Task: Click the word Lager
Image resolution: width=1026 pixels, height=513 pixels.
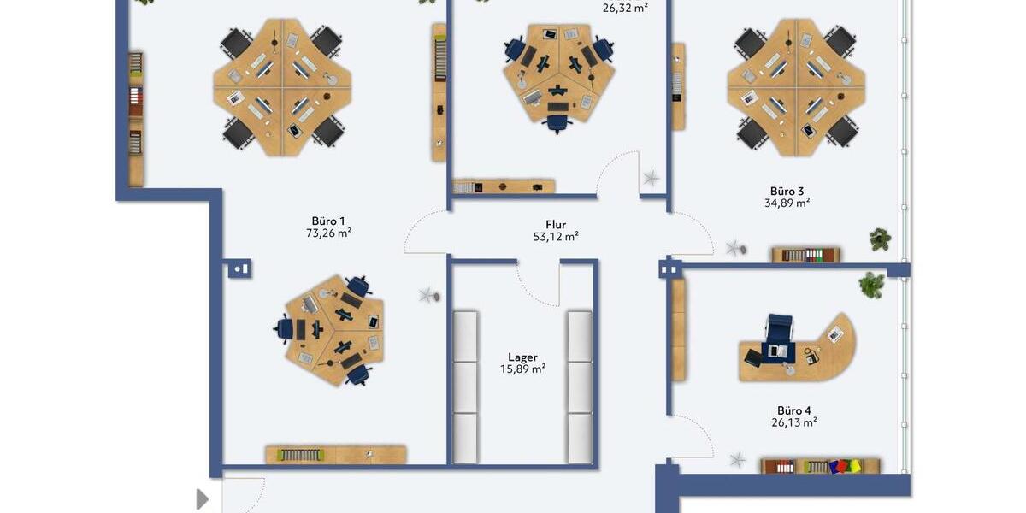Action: point(522,357)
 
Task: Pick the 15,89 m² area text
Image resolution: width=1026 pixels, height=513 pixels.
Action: point(522,369)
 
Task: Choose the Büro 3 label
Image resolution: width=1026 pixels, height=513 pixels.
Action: point(787,191)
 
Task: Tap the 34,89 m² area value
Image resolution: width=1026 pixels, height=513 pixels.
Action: point(787,203)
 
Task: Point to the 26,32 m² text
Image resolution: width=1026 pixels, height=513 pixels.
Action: point(624,8)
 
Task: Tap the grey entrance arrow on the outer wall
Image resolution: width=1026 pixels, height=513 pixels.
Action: point(202,498)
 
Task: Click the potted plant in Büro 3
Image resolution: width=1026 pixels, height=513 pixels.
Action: point(880,239)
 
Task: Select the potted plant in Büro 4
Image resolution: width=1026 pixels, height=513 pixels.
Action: point(871,285)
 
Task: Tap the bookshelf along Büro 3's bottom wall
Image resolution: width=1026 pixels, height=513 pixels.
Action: point(806,255)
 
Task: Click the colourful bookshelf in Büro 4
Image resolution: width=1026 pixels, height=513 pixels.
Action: point(821,466)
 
